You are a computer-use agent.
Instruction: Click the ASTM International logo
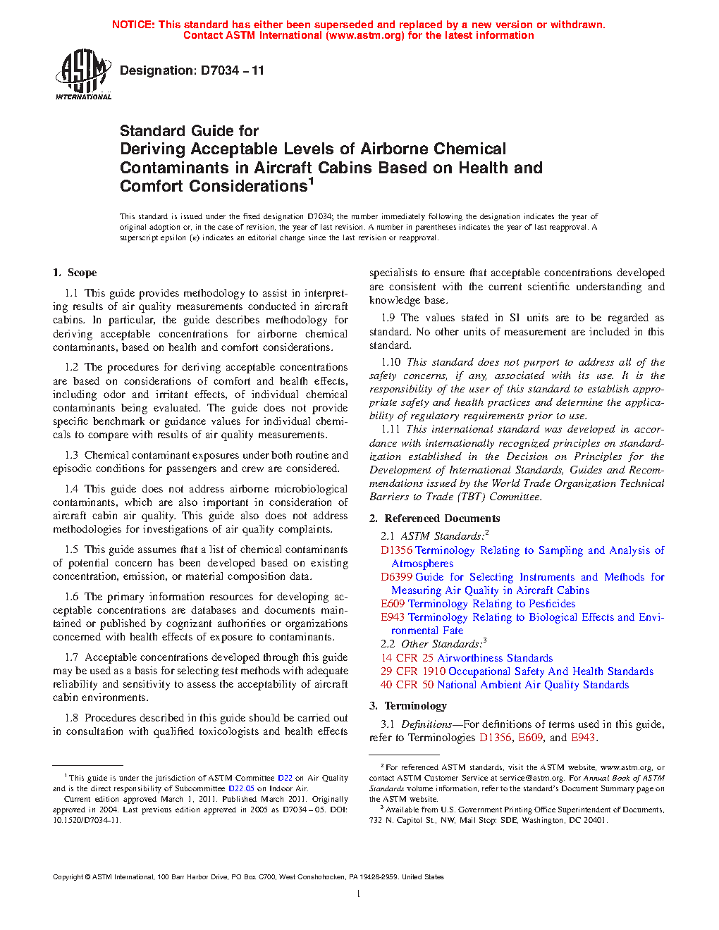[83, 74]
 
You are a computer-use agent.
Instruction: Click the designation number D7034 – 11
[232, 70]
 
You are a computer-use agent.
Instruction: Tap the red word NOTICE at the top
[133, 25]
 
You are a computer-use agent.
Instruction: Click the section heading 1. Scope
[75, 273]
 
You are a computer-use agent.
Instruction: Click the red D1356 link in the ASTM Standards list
[396, 550]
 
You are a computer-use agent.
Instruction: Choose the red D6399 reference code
[396, 577]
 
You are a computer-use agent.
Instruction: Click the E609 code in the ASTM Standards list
[393, 604]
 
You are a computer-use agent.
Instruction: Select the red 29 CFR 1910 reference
[413, 671]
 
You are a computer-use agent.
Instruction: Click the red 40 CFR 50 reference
[407, 685]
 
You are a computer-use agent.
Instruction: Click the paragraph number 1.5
[71, 550]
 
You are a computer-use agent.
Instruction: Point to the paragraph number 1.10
[391, 362]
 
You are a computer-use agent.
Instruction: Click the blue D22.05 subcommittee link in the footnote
[241, 788]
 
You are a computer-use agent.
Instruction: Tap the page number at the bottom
[359, 894]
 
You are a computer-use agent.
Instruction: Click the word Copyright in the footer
[68, 877]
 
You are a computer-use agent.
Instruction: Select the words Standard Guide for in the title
[189, 131]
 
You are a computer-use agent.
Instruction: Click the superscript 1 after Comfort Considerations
[311, 182]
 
